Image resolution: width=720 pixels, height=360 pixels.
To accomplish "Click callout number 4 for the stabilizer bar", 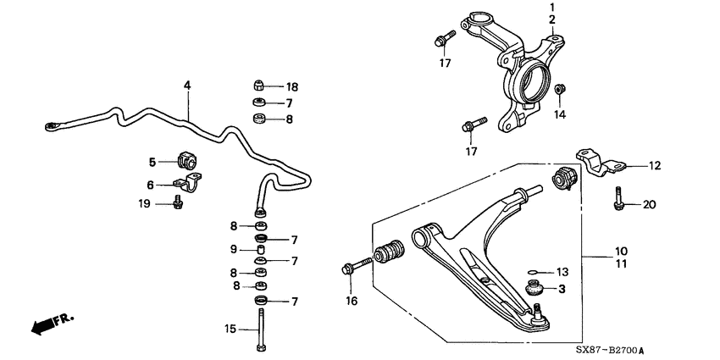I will [x=187, y=85].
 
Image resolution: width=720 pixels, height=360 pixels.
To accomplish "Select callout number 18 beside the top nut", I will [x=292, y=86].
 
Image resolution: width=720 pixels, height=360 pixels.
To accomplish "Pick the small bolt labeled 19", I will [x=177, y=204].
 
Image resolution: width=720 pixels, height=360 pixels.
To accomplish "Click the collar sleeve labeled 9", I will [x=262, y=250].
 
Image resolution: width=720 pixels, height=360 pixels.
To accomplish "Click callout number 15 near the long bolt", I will [x=230, y=329].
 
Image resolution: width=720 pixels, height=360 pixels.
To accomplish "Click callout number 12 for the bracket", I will [x=655, y=166].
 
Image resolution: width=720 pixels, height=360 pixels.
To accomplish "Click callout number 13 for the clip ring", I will [x=561, y=272].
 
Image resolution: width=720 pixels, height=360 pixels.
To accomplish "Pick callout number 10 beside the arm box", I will [x=621, y=251].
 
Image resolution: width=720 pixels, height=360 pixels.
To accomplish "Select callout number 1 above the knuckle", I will [x=551, y=7].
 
